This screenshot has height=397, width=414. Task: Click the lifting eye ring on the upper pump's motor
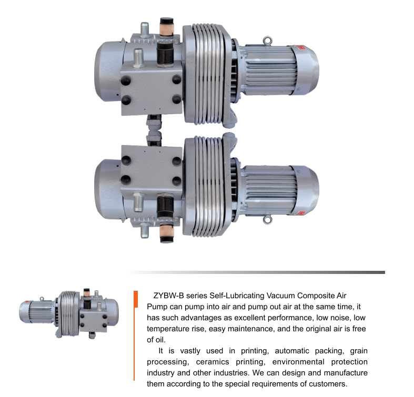coord(267,40)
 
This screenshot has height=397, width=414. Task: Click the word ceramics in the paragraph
coord(213,362)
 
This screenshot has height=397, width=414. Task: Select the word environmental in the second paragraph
coord(298,362)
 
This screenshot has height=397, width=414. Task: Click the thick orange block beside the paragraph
coord(136,299)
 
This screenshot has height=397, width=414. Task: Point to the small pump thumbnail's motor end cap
coord(23,312)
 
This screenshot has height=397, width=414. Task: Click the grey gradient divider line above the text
coord(256,272)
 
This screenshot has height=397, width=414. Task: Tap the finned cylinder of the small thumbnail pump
coord(68,313)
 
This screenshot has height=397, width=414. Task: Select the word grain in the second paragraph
coord(359,351)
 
